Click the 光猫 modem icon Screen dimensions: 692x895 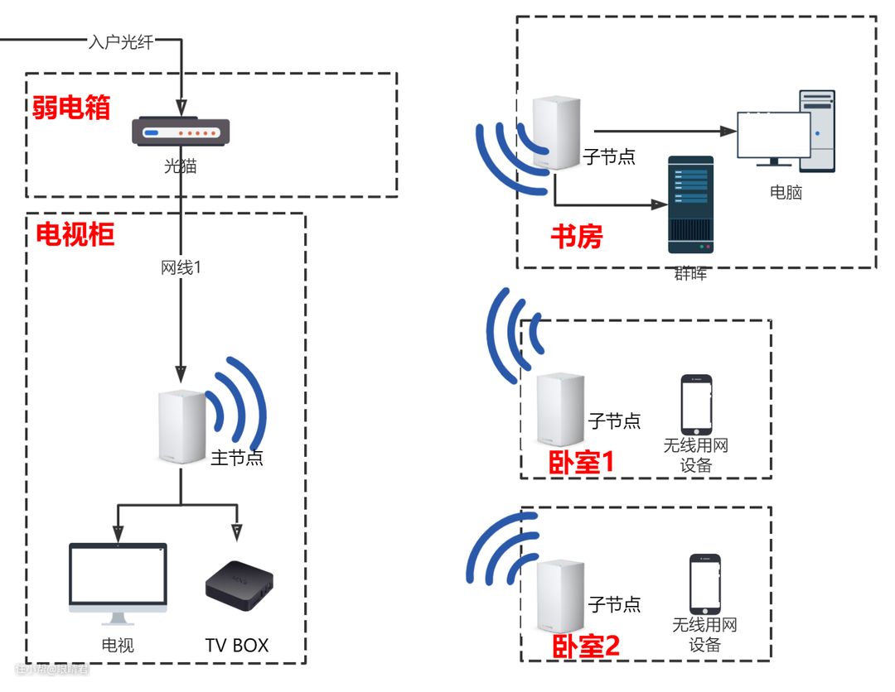[x=180, y=132]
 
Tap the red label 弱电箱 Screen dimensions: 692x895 [x=71, y=108]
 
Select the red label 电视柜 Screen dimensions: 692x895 [x=75, y=235]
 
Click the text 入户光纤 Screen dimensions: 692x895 [x=121, y=42]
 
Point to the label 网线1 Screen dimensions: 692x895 [x=181, y=268]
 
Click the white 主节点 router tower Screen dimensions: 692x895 [x=181, y=427]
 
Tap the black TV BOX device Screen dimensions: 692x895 [x=239, y=584]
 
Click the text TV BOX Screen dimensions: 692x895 [x=237, y=645]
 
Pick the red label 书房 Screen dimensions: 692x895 [x=577, y=238]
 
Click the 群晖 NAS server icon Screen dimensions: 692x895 [x=689, y=204]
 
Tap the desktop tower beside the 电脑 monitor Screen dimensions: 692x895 [x=817, y=131]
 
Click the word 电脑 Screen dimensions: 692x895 [x=786, y=193]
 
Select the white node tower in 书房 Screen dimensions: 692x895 [x=555, y=132]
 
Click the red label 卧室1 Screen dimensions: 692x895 [x=582, y=463]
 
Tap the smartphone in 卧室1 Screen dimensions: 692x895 [x=696, y=404]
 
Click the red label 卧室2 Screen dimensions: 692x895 [x=586, y=646]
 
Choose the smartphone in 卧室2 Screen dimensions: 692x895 [x=704, y=584]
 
